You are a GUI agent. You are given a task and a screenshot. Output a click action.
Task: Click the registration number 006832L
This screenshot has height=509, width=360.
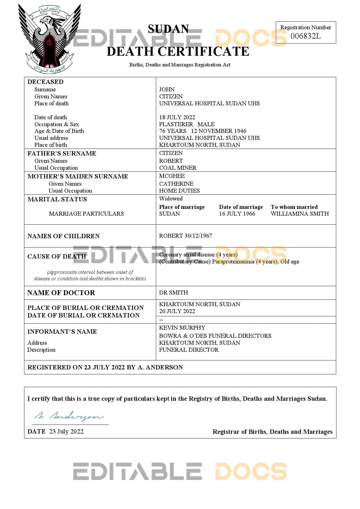tap(305, 36)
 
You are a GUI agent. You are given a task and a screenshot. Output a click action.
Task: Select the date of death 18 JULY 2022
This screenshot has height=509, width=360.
tap(177, 117)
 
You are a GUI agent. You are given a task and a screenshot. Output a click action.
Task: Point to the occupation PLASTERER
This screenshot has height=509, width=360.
tap(176, 124)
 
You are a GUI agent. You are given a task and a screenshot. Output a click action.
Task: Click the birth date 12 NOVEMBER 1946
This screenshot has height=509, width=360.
tap(218, 131)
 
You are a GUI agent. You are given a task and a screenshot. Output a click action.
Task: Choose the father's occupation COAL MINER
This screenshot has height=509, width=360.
tap(178, 168)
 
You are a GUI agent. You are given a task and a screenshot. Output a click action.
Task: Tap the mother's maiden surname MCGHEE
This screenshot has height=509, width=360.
tap(172, 176)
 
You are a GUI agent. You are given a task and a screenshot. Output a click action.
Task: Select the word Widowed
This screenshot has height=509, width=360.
tap(171, 198)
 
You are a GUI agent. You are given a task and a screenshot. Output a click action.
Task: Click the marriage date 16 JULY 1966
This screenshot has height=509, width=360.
tap(237, 214)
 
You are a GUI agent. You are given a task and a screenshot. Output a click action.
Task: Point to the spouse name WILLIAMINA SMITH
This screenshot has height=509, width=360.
tap(300, 214)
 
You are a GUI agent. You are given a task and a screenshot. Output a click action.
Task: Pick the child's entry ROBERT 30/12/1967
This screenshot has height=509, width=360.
tap(186, 236)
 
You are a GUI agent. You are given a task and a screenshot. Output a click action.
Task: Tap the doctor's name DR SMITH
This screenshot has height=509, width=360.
tap(173, 293)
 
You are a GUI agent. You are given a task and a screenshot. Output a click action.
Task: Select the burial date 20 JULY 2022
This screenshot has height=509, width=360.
tap(177, 311)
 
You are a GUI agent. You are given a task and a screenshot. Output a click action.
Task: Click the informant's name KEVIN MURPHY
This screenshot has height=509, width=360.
tap(182, 328)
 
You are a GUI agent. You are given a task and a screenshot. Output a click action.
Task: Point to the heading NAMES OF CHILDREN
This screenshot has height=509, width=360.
tap(63, 236)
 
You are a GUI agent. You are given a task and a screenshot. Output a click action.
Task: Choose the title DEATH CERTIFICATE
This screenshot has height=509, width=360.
tap(178, 51)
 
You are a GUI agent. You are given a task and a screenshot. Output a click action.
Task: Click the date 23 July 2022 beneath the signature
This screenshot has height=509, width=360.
tap(66, 431)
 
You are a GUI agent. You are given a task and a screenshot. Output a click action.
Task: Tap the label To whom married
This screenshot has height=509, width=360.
tap(294, 207)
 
